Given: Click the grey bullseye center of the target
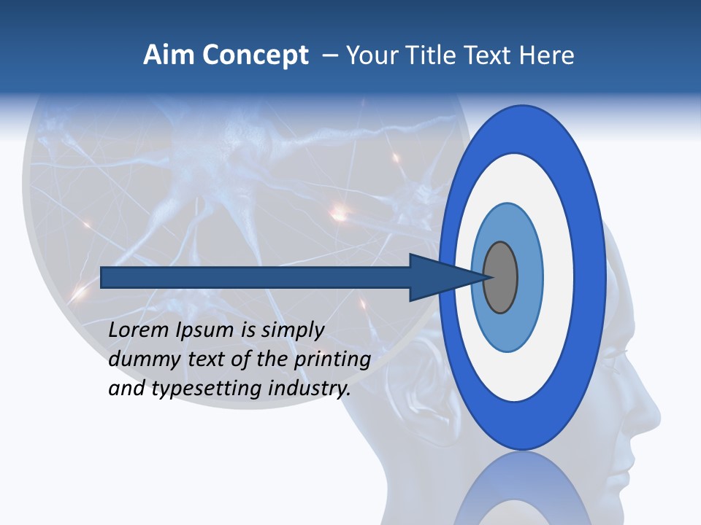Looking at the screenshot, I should [500, 278].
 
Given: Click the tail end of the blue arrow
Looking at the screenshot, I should [103, 278].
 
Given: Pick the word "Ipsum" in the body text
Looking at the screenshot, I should [204, 330].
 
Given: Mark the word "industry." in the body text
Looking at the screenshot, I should [310, 389].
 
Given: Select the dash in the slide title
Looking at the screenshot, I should [330, 55].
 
